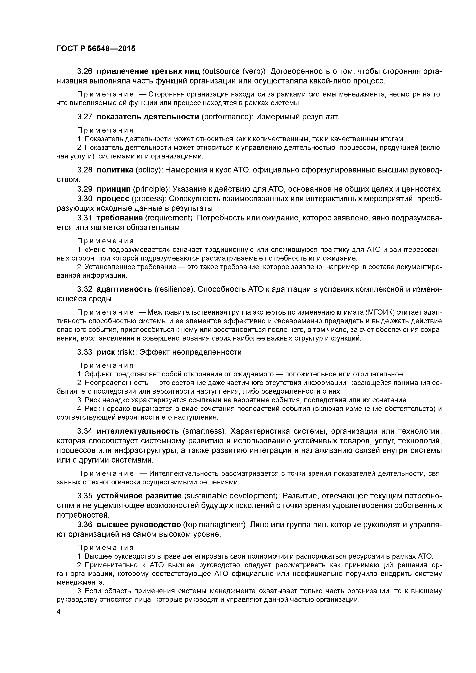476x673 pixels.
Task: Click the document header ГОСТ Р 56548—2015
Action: point(96,49)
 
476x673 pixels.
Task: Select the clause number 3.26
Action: point(85,72)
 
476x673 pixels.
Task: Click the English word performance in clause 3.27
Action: point(228,117)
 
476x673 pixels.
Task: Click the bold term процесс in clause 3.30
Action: point(113,199)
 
